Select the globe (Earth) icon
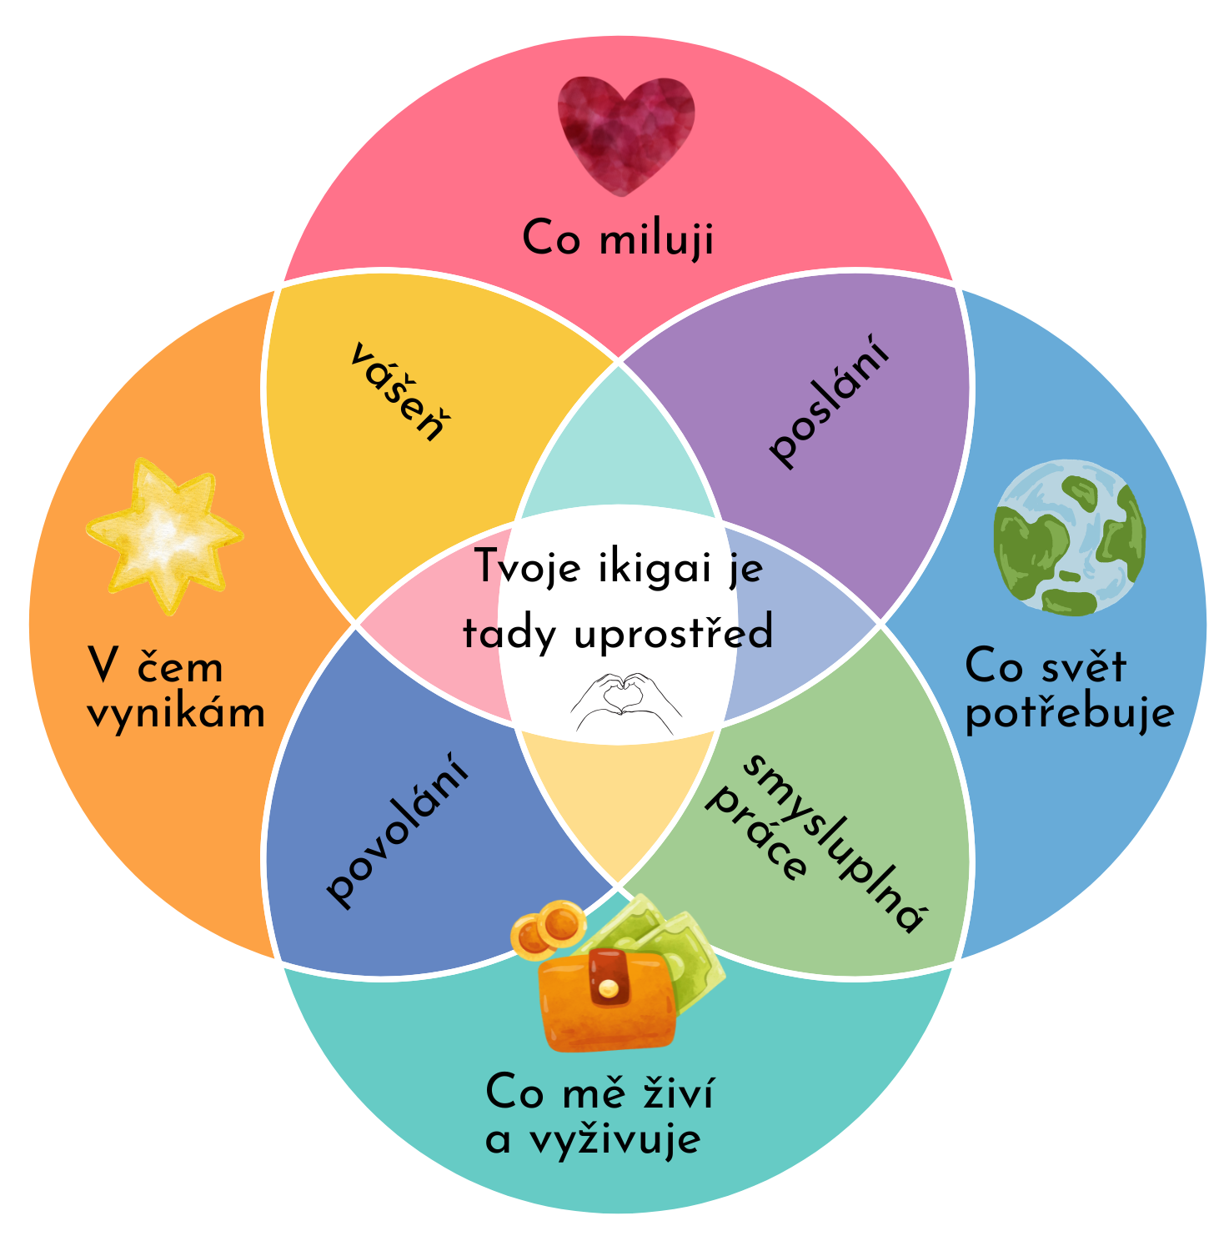click(1069, 538)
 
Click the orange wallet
click(607, 1002)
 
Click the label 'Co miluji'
click(618, 239)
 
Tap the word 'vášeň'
click(397, 392)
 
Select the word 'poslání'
click(830, 409)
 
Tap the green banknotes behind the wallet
click(675, 942)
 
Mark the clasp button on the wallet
click(609, 988)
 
